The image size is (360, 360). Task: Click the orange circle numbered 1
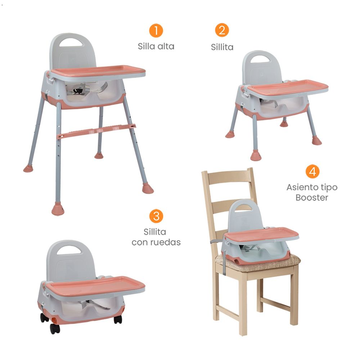click(x=156, y=31)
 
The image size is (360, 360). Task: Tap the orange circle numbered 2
click(x=222, y=30)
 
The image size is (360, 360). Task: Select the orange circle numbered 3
click(x=156, y=216)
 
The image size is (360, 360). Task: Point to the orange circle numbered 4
click(x=312, y=171)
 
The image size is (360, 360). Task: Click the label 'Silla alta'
click(x=156, y=46)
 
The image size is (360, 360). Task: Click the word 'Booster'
click(x=312, y=198)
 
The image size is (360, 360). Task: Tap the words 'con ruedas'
click(x=156, y=242)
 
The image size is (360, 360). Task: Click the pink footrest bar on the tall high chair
click(x=96, y=131)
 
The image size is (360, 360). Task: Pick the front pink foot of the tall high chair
click(x=58, y=210)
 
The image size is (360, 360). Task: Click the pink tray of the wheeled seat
click(x=95, y=285)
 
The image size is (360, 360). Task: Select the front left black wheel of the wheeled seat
click(x=55, y=329)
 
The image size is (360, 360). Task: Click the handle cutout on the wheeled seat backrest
click(x=69, y=250)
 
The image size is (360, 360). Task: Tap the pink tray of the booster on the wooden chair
click(x=261, y=235)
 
